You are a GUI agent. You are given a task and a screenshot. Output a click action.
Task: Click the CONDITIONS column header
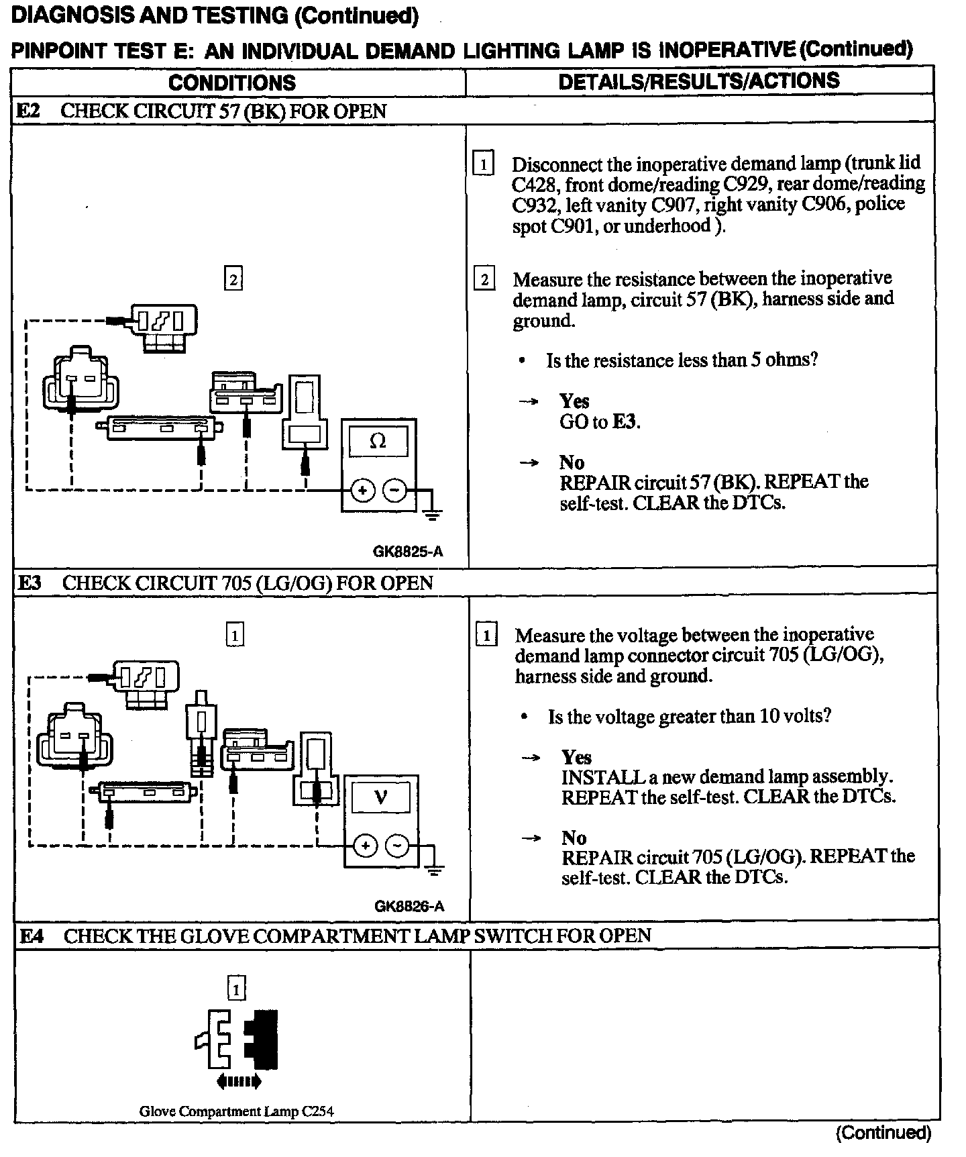[x=232, y=83]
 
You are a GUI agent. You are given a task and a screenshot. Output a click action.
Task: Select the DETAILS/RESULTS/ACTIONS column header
[x=698, y=81]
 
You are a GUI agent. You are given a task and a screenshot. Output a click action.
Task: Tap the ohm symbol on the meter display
[x=378, y=442]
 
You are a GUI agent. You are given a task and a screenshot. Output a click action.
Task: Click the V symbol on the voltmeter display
[x=381, y=797]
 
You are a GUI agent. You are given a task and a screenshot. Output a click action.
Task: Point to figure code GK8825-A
[x=408, y=552]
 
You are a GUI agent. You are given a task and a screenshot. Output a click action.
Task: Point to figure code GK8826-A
[x=409, y=907]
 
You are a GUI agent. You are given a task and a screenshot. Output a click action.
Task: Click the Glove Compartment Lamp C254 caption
[x=236, y=1111]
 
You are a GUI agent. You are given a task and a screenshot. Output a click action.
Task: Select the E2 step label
[x=28, y=111]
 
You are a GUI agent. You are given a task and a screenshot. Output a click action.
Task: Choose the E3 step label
[x=30, y=583]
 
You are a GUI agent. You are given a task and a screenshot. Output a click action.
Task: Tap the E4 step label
[x=31, y=936]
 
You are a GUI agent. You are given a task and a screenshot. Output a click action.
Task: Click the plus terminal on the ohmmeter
[x=362, y=491]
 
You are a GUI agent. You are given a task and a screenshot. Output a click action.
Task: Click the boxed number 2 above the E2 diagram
[x=233, y=279]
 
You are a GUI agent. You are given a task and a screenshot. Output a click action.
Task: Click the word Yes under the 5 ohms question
[x=574, y=401]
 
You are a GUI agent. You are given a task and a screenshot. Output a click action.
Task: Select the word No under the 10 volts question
[x=574, y=838]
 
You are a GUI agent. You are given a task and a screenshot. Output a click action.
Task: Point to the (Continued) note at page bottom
[x=883, y=1133]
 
